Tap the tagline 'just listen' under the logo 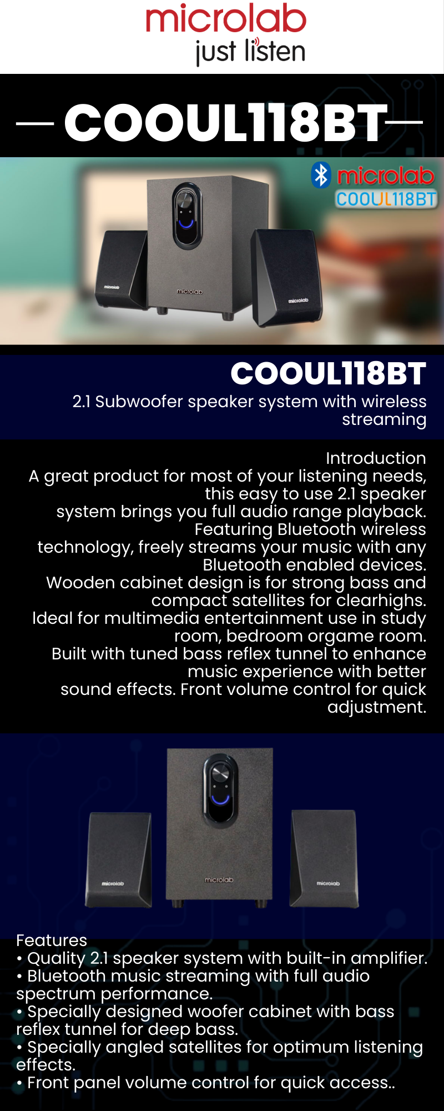click(x=250, y=51)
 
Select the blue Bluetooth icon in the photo click(x=321, y=175)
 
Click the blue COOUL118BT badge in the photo click(x=386, y=199)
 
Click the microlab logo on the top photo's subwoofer click(x=190, y=291)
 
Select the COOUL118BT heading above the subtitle click(x=328, y=373)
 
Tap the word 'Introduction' click(x=376, y=458)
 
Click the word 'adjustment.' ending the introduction click(x=377, y=707)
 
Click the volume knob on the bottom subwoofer click(x=220, y=773)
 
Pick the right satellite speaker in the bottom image click(x=324, y=859)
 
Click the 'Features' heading click(x=52, y=940)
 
